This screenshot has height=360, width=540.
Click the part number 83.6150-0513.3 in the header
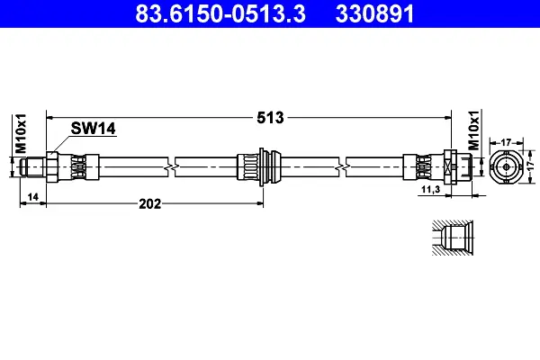220,13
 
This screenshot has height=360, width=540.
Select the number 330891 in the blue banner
374,13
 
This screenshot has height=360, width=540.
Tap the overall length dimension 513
270,118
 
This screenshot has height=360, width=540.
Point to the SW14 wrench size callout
93,129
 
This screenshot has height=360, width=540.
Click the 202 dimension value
149,204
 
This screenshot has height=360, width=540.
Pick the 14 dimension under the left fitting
32,197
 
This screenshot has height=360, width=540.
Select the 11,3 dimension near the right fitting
431,189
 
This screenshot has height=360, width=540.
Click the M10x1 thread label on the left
21,133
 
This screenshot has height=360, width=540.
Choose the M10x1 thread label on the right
474,130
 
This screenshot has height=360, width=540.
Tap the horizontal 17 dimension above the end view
506,142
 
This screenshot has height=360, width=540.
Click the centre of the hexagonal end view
506,166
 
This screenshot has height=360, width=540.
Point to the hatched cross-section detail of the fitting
453,238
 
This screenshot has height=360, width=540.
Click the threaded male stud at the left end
33,166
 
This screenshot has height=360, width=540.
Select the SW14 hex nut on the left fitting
52,166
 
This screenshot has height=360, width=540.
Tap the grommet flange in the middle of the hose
262,166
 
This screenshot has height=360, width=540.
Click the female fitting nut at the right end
451,166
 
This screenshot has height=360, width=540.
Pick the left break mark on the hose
172,167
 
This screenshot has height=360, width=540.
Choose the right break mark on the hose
343,167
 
